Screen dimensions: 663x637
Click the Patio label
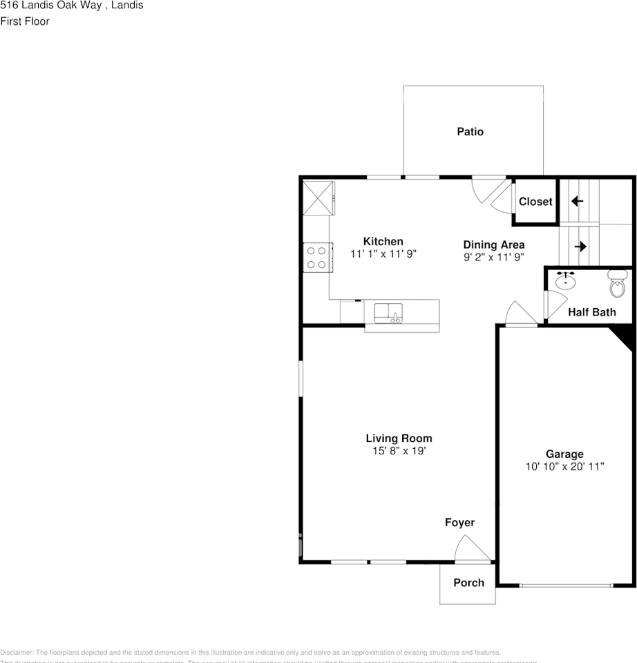coord(470,131)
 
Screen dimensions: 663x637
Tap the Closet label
coord(535,202)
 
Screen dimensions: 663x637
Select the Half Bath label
coord(591,312)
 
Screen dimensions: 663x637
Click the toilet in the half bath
coord(616,284)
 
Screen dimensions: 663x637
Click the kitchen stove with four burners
coord(316,257)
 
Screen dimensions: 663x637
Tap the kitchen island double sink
coord(389,313)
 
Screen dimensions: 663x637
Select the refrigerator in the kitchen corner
coord(318,199)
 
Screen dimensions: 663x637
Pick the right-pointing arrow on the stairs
coord(580,246)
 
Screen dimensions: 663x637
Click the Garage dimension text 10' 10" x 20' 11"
coord(564,467)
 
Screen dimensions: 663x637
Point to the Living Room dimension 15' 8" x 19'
coord(399,451)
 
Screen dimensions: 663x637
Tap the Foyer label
coord(459,523)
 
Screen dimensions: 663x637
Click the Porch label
coord(468,583)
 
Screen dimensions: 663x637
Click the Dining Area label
coord(493,244)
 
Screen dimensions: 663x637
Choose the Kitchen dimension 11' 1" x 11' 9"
coord(383,253)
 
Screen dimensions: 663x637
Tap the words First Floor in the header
coord(25,21)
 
